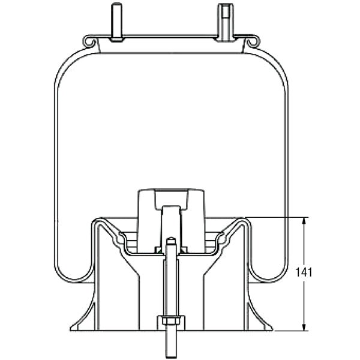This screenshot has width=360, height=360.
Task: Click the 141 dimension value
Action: pyautogui.click(x=305, y=272)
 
